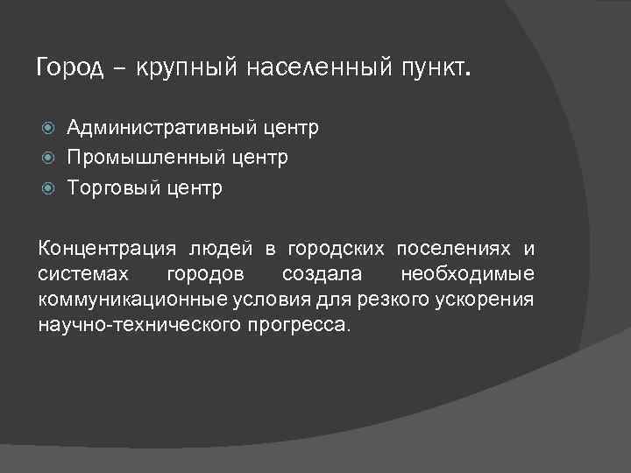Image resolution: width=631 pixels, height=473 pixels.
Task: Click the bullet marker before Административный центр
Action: (49, 129)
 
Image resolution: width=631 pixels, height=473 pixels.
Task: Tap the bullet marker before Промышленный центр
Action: (49, 159)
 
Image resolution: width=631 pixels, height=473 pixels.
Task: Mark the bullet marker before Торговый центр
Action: (49, 188)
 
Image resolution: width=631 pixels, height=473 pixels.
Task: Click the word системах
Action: (83, 275)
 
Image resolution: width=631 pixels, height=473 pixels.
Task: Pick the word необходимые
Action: (467, 275)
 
